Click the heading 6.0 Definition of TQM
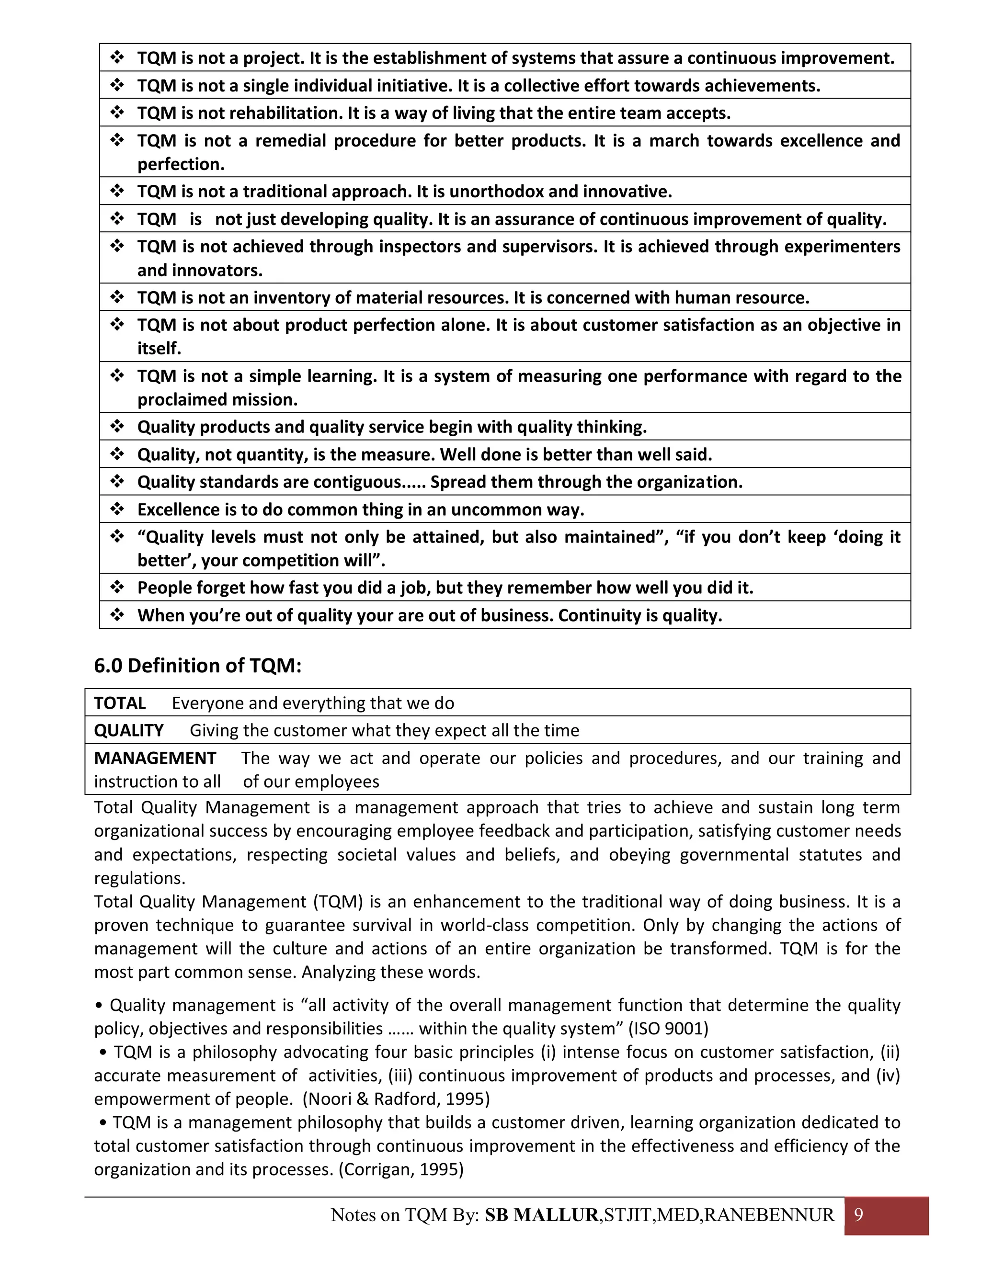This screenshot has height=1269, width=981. (198, 665)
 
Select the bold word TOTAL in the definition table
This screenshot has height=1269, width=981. (120, 703)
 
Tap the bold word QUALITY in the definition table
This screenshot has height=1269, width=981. (129, 730)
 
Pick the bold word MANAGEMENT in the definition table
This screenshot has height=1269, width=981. (155, 758)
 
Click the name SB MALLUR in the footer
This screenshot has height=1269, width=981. (541, 1215)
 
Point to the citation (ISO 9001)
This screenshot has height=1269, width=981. (668, 1029)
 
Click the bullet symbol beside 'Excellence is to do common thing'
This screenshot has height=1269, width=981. (117, 510)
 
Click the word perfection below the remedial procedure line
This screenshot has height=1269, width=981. (181, 164)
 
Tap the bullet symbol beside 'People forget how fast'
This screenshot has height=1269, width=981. (117, 588)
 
